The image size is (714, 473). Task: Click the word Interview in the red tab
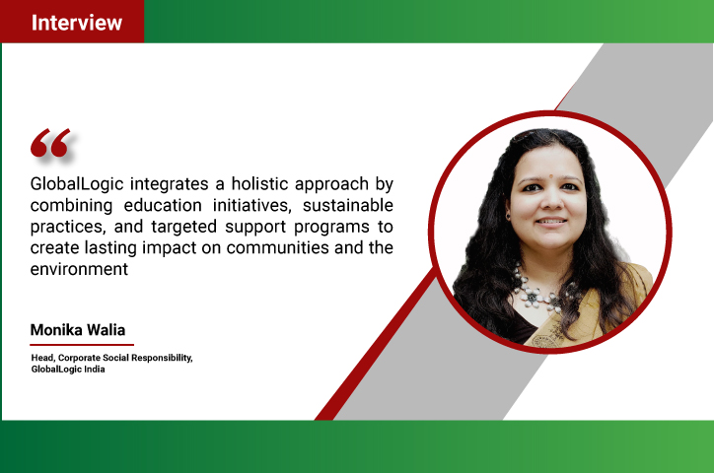(77, 23)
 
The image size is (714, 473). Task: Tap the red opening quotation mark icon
(50, 143)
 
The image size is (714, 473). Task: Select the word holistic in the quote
(259, 183)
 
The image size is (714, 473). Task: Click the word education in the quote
(163, 205)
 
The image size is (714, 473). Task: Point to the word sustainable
(348, 205)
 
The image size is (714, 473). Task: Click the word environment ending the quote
(79, 269)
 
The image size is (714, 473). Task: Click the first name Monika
(56, 330)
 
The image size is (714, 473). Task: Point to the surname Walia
(107, 330)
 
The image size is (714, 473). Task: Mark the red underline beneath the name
(82, 345)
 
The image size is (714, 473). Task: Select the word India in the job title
(95, 370)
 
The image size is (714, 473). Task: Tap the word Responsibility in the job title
(162, 359)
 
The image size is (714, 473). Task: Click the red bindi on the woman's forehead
(551, 174)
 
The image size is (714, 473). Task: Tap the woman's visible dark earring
(508, 215)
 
